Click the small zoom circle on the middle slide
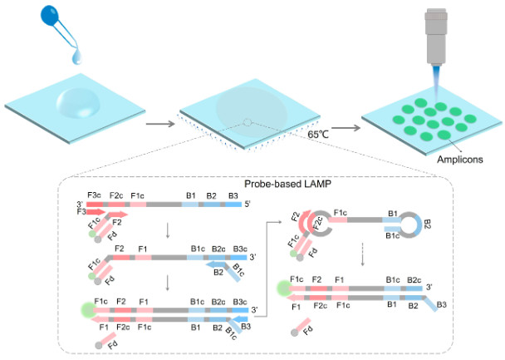(247, 123)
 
